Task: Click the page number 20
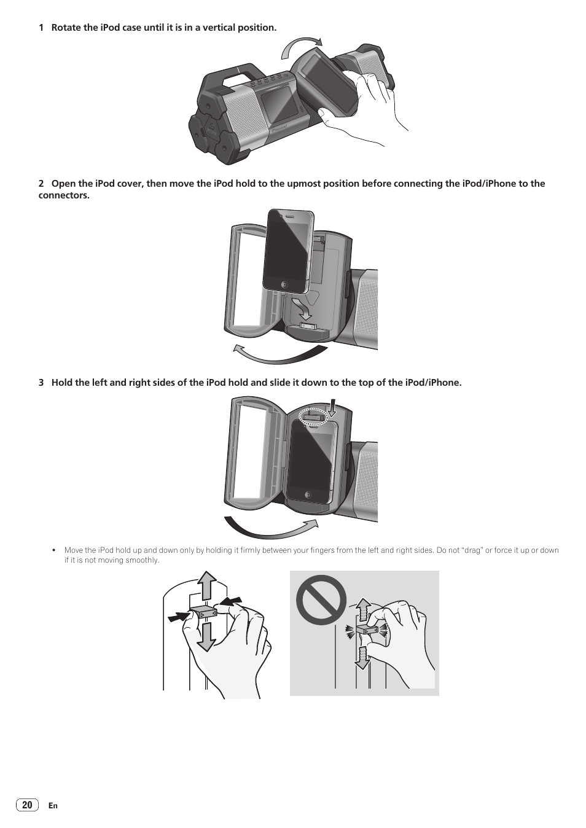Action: (x=27, y=805)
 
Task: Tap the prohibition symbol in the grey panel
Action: (x=321, y=600)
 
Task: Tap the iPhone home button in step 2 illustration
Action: (x=284, y=284)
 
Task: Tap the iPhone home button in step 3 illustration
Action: (x=308, y=495)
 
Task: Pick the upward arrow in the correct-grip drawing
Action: (x=206, y=585)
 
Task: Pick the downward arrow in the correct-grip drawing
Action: (x=206, y=636)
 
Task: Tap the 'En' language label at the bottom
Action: (x=53, y=806)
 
